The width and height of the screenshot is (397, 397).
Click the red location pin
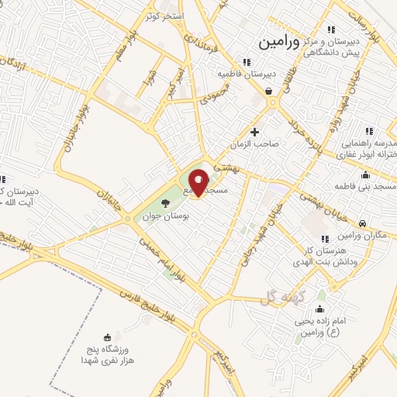coord(198,182)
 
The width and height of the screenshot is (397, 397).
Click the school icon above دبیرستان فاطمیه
coord(246,62)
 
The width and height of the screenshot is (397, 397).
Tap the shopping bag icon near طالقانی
coord(268,91)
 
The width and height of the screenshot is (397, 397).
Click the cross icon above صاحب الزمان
coord(255,132)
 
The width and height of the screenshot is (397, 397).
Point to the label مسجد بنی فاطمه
coord(365,187)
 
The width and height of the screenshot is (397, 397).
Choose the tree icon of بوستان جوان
coord(165,204)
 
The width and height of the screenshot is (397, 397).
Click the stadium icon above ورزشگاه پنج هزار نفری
coord(108,337)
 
